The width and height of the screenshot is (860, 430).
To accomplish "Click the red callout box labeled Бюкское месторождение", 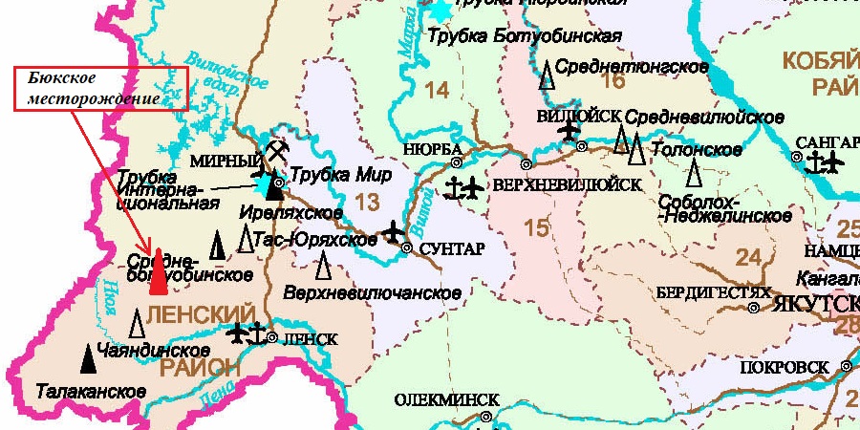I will click(x=100, y=88).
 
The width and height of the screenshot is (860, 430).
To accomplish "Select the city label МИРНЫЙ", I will click(x=226, y=160).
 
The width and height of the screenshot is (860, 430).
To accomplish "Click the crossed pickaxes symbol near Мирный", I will click(x=276, y=150).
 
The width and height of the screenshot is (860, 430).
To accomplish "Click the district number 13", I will click(x=367, y=202).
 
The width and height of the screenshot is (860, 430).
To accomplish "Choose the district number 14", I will click(x=436, y=91).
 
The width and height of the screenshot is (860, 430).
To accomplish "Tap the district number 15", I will click(x=537, y=227).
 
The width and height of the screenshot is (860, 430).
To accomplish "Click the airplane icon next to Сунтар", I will click(x=393, y=231).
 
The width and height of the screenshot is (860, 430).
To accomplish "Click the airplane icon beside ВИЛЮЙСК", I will click(x=570, y=130).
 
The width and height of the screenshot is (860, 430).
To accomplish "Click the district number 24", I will click(x=749, y=256).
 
